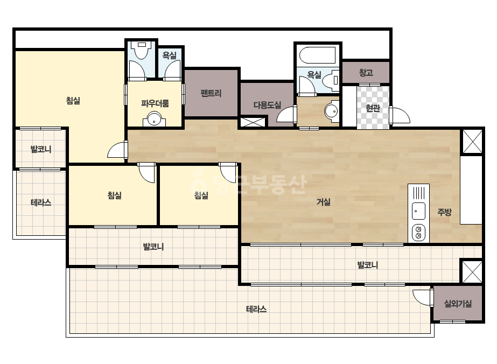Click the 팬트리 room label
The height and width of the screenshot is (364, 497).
(211, 93)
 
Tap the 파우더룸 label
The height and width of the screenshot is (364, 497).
(155, 103)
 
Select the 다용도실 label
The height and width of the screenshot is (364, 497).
(267, 105)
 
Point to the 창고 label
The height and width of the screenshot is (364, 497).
(366, 73)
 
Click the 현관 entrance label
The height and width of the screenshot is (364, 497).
(373, 108)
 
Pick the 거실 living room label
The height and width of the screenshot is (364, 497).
(324, 202)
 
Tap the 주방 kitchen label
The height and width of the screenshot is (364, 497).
(444, 212)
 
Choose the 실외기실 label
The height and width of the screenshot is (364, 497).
(458, 304)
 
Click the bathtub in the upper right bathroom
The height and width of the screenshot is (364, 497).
(318, 55)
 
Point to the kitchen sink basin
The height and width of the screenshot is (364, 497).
(418, 211)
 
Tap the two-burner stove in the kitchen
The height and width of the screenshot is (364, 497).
(418, 233)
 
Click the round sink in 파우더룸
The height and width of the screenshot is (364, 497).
(155, 120)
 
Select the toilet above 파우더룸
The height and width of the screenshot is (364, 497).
(142, 51)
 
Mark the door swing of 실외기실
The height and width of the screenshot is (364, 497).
(422, 297)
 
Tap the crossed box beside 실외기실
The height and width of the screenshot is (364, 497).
(471, 272)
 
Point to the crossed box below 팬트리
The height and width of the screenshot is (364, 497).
(253, 122)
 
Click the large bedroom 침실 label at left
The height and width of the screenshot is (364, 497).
(73, 101)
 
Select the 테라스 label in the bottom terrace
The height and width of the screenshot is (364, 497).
(256, 309)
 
